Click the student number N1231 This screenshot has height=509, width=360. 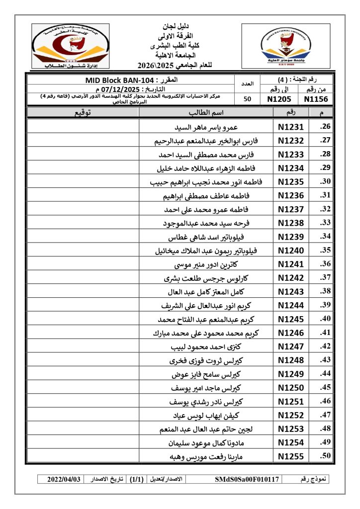(x=291, y=127)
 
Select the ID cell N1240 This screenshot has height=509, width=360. (x=291, y=250)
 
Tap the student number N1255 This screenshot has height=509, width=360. (x=291, y=456)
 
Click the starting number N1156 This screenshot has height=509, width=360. (x=317, y=98)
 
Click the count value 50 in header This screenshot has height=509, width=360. (x=247, y=98)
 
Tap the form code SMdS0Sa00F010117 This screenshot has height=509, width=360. (x=248, y=479)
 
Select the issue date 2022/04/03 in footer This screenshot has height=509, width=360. (x=64, y=479)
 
